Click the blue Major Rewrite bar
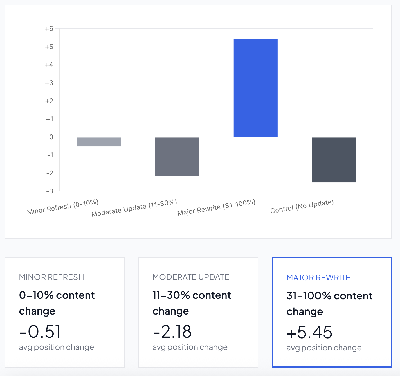255,88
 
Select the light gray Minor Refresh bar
99,142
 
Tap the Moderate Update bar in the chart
177,157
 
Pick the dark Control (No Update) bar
334,160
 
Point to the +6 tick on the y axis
49,29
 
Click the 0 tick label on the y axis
51,137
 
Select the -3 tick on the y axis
50,191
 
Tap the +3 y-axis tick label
49,83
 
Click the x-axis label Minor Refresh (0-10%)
63,207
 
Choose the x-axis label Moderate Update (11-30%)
134,208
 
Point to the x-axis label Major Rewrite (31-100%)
216,207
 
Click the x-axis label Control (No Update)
302,207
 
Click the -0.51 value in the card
40,331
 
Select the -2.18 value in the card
172,331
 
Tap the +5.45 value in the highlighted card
309,332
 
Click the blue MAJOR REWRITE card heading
318,278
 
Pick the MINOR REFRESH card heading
51,277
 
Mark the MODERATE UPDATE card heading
191,277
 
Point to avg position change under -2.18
190,347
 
